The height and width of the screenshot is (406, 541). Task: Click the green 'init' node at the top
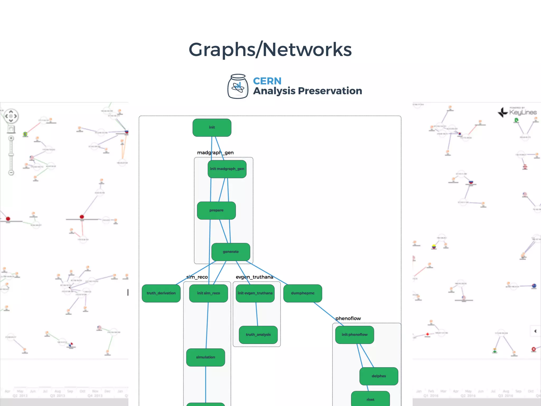click(212, 127)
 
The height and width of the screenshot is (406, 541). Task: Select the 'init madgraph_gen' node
click(227, 169)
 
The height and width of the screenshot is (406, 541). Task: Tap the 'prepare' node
click(216, 210)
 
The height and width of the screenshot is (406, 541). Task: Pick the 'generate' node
click(231, 252)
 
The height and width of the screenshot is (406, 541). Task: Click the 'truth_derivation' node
click(161, 293)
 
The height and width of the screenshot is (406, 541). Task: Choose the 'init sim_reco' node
click(208, 293)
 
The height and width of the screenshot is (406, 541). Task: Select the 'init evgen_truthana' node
click(255, 293)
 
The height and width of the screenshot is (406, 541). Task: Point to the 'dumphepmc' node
click(303, 293)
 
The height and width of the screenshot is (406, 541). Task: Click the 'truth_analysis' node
click(258, 335)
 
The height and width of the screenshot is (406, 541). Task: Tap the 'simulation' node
click(206, 357)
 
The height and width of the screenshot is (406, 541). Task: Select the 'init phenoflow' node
click(355, 335)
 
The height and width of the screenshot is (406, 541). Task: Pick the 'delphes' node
click(379, 376)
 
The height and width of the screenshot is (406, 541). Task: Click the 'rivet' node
click(370, 399)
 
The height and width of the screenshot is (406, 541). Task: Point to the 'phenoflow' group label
click(348, 319)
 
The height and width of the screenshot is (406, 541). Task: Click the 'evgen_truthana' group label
click(254, 277)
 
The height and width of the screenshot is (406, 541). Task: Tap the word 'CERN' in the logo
click(267, 81)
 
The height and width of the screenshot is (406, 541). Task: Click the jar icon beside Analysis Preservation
click(238, 86)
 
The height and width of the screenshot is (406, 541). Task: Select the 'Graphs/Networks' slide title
click(270, 49)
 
